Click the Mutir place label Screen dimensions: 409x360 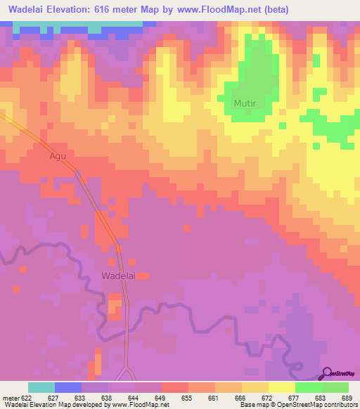point(245,103)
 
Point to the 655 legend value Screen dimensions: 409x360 point(186,398)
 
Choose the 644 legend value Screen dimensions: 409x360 point(132,398)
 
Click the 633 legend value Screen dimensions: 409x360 point(79,398)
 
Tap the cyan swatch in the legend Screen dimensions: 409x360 point(41,387)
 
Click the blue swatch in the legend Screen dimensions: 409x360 point(68,387)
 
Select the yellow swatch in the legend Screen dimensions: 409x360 point(282,387)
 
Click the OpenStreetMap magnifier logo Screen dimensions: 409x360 point(327,372)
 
